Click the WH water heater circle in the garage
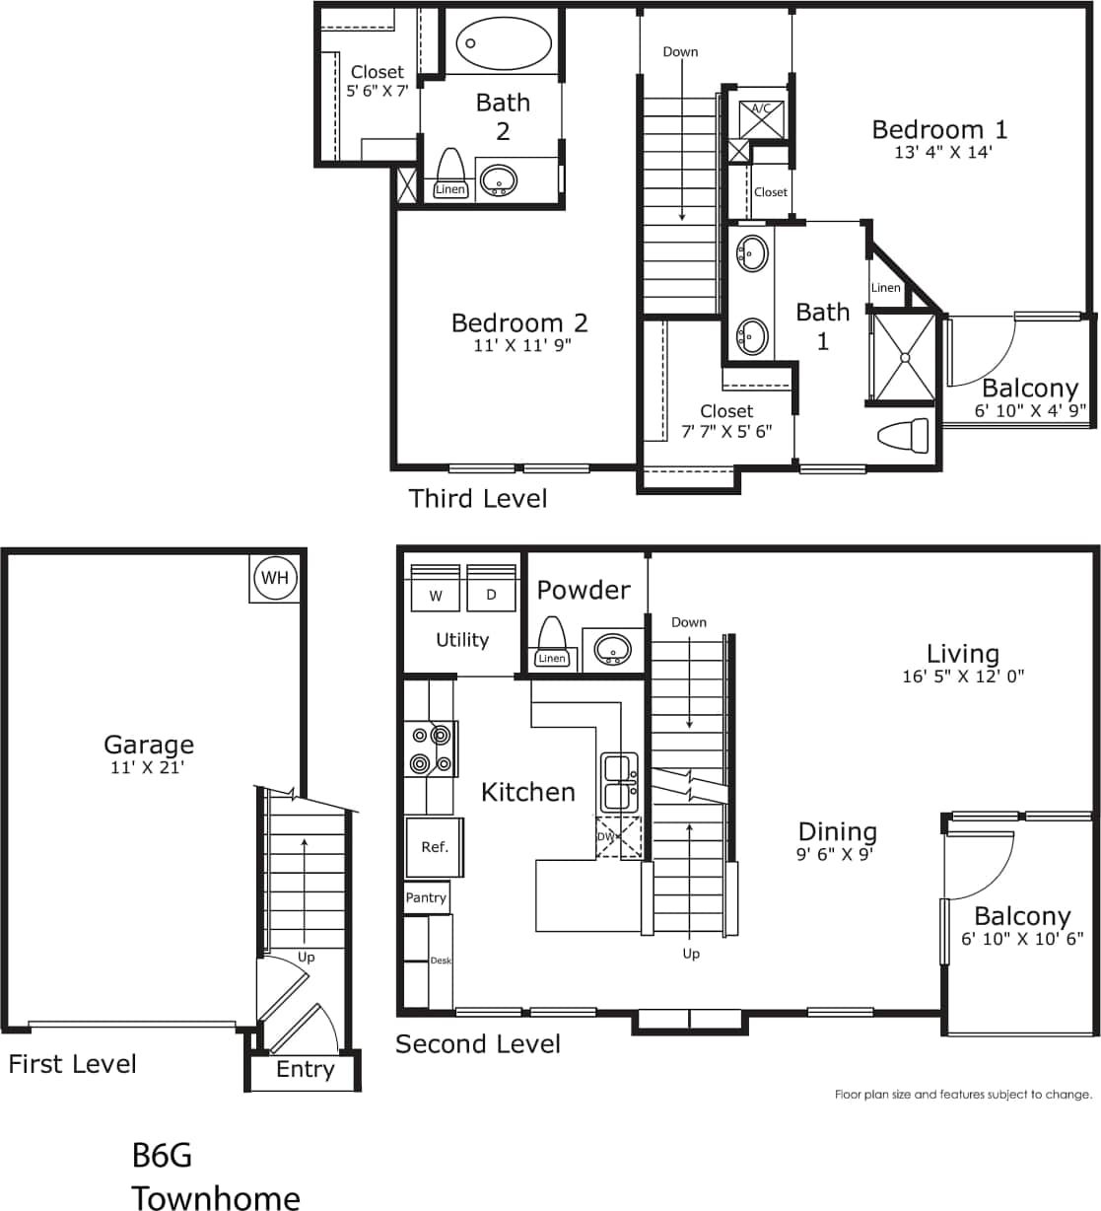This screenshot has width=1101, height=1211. click(x=275, y=578)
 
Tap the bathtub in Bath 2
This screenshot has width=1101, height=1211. click(x=503, y=43)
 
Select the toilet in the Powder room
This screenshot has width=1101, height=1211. click(x=552, y=641)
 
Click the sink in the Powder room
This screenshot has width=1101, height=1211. click(x=614, y=651)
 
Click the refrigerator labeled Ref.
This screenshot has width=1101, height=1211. click(x=435, y=847)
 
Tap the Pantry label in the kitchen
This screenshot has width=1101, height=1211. click(x=426, y=897)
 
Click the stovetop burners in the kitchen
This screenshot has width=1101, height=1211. click(x=432, y=749)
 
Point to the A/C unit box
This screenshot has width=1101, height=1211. click(x=762, y=116)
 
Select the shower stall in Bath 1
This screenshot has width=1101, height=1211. click(x=901, y=358)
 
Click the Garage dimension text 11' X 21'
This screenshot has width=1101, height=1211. click(x=148, y=767)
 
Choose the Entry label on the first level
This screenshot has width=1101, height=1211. click(x=305, y=1070)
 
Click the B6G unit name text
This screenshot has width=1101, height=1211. click(x=162, y=1155)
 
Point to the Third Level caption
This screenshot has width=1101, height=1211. click(x=478, y=499)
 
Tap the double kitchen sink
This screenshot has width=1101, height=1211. click(x=620, y=781)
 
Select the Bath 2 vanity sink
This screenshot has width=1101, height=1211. click(x=498, y=180)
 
